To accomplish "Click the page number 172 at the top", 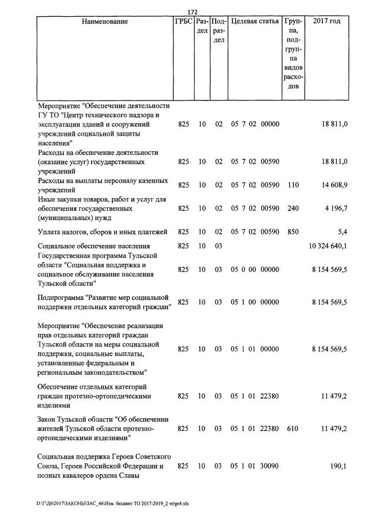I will tap(193, 12).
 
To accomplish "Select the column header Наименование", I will tap(104, 22).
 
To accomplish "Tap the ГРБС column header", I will tap(183, 22).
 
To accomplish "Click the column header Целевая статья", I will tap(255, 22).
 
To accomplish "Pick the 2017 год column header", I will tap(326, 22).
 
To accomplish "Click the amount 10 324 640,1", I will tap(328, 246).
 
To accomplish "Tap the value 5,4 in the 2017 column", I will tap(342, 232).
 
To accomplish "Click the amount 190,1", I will tap(338, 466).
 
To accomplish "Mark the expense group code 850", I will tap(293, 232).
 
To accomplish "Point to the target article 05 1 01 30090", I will tap(255, 466).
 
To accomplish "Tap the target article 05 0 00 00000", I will tap(255, 269).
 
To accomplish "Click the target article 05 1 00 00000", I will tap(255, 302).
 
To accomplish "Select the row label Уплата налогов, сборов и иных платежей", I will tap(102, 232).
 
